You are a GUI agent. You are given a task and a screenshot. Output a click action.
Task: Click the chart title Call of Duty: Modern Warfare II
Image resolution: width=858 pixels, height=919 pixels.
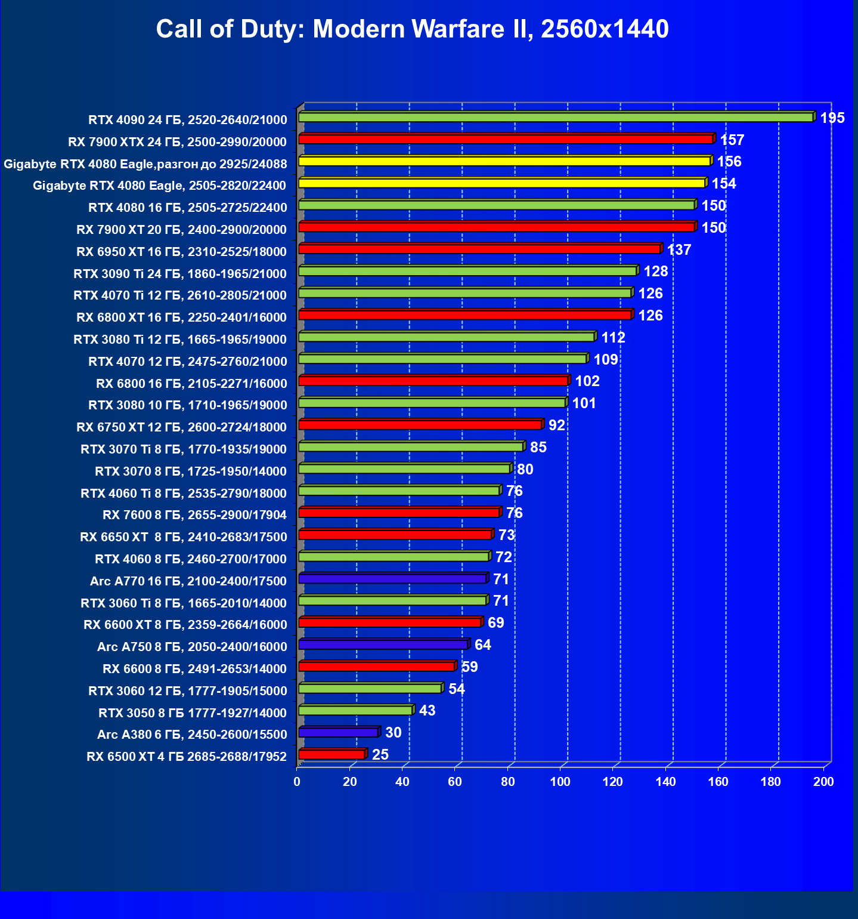[x=412, y=29]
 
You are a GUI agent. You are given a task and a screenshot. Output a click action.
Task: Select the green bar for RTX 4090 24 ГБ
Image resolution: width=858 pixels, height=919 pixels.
[x=556, y=118]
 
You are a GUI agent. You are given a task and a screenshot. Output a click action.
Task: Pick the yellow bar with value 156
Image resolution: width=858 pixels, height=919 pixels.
[x=504, y=161]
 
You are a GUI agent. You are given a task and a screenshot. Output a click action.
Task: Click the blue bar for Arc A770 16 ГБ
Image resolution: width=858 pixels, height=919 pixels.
[x=392, y=579]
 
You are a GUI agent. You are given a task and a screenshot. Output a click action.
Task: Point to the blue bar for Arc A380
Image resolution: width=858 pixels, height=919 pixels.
[x=338, y=732]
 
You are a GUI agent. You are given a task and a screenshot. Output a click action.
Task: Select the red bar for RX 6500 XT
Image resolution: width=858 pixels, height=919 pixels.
[x=332, y=754]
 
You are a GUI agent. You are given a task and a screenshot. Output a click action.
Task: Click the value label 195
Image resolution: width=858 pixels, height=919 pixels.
[x=832, y=118]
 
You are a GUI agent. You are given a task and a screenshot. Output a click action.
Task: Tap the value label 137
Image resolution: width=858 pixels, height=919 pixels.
[x=679, y=249]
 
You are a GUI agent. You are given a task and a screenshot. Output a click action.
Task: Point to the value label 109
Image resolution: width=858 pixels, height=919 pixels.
[x=605, y=359]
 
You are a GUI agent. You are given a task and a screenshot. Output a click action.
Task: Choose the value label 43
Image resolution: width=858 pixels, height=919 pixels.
[x=427, y=711]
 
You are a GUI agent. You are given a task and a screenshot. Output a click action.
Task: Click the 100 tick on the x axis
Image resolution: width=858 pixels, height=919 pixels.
[x=560, y=782]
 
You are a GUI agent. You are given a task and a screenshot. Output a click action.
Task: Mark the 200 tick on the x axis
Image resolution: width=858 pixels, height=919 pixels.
[x=823, y=782]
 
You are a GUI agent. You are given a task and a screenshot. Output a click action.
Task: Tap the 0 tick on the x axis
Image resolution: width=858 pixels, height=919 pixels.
[x=297, y=782]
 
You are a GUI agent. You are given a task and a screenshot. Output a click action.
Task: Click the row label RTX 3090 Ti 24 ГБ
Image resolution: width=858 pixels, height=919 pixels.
[x=179, y=273]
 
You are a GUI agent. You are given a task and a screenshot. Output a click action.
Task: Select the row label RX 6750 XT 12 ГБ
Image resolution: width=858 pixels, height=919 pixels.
[x=181, y=427]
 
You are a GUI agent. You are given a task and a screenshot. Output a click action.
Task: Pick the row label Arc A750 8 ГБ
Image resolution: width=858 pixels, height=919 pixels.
[x=192, y=647]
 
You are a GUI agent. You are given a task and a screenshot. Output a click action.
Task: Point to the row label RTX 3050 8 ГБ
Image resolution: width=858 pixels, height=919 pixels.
[x=192, y=713]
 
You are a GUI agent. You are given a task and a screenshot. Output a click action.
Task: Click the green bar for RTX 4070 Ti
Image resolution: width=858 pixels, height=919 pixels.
[x=465, y=293]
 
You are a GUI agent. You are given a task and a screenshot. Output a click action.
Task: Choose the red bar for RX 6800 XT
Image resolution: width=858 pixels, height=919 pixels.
[x=465, y=315]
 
